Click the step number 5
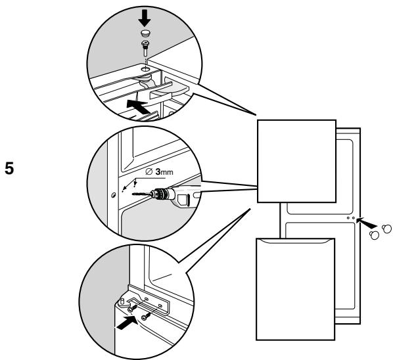click(9, 168)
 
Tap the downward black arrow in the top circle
click(145, 18)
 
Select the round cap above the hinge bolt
click(145, 33)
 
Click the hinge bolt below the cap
click(145, 49)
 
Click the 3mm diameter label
click(160, 171)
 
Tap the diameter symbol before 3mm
click(149, 171)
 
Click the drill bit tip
click(132, 194)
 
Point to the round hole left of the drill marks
click(113, 194)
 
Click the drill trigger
click(181, 200)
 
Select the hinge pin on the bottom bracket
click(122, 301)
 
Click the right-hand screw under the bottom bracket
click(146, 317)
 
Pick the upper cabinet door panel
click(297, 161)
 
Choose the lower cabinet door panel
click(296, 289)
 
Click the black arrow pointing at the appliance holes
click(366, 222)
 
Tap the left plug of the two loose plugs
click(374, 235)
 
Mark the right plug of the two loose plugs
click(386, 229)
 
